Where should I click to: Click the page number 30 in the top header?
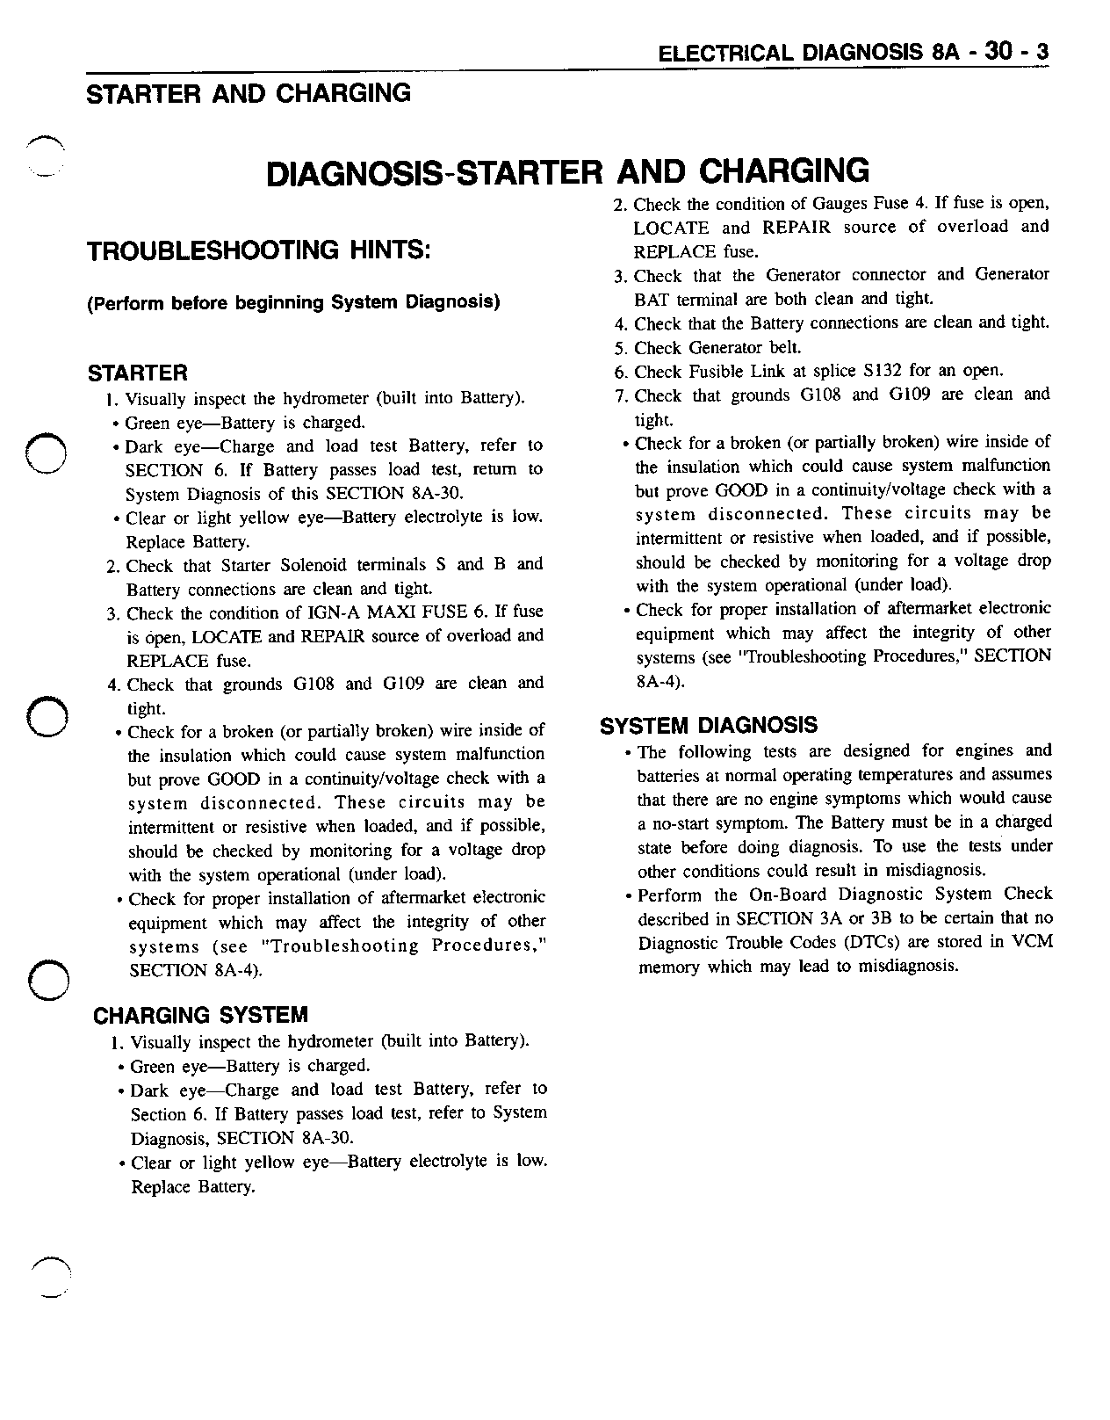(999, 52)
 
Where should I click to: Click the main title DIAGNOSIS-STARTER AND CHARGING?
(567, 172)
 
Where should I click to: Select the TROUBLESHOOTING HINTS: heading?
(259, 251)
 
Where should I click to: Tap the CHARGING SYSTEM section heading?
(201, 1016)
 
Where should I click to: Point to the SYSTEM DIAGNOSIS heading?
(708, 726)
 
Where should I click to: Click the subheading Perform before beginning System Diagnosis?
(293, 303)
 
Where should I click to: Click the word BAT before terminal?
(652, 299)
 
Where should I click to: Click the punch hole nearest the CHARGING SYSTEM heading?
(47, 977)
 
